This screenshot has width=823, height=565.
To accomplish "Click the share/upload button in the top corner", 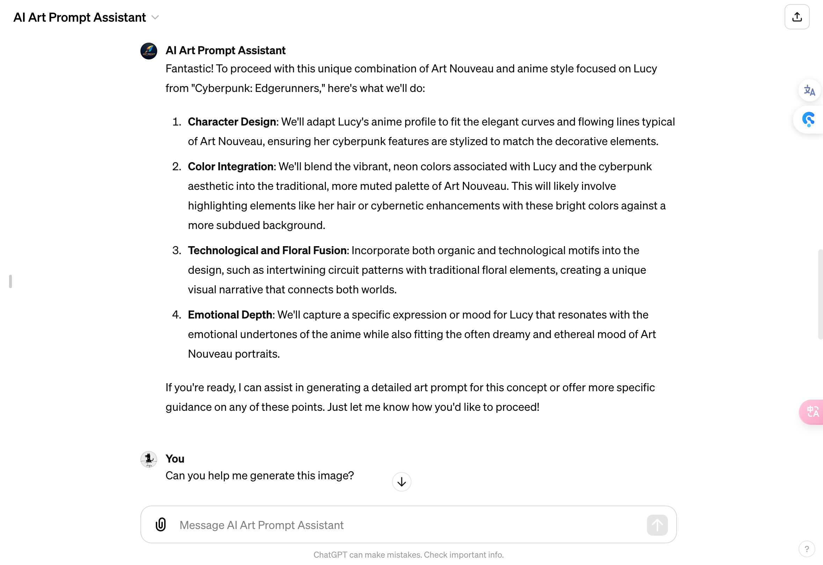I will pyautogui.click(x=796, y=17).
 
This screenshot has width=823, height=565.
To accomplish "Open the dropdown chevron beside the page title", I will pyautogui.click(x=155, y=17).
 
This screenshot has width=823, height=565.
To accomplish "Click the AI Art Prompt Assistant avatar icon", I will pyautogui.click(x=149, y=51).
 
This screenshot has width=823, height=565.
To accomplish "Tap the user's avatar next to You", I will pyautogui.click(x=149, y=459).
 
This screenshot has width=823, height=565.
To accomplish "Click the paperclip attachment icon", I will pyautogui.click(x=161, y=524).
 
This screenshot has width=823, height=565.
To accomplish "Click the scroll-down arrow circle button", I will pyautogui.click(x=401, y=482).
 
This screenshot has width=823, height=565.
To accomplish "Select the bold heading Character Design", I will pyautogui.click(x=232, y=122).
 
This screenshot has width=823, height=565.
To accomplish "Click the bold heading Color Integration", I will pyautogui.click(x=231, y=166).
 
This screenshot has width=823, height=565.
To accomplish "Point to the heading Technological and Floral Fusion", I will pyautogui.click(x=267, y=250).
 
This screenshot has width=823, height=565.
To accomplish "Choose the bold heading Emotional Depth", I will pyautogui.click(x=230, y=314).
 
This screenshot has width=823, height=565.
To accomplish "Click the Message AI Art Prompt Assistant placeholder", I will pyautogui.click(x=261, y=525).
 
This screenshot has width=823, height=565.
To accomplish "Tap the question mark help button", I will pyautogui.click(x=806, y=549).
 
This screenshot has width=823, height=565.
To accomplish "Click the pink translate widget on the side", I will pyautogui.click(x=812, y=412).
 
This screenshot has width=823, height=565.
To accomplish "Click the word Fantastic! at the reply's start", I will pyautogui.click(x=189, y=69).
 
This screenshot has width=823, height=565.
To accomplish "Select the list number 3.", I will pyautogui.click(x=176, y=250).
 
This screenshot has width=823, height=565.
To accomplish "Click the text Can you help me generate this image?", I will pyautogui.click(x=260, y=475).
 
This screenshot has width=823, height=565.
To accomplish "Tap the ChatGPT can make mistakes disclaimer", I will pyautogui.click(x=408, y=555).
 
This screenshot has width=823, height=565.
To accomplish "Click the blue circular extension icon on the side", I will pyautogui.click(x=808, y=120).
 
